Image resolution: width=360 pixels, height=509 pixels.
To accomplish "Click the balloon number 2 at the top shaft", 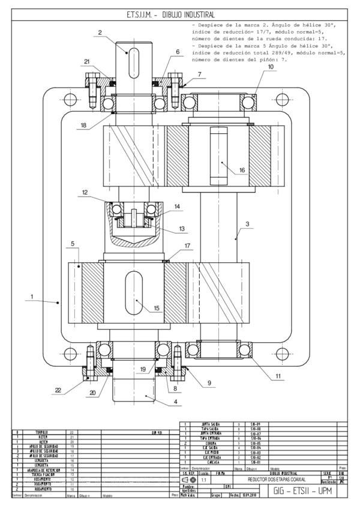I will [100, 33].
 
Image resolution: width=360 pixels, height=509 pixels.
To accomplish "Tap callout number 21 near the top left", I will [87, 62].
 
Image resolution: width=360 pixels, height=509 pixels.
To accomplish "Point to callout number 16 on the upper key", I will [242, 170].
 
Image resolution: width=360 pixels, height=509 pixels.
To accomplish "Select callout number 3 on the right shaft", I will [247, 224].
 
